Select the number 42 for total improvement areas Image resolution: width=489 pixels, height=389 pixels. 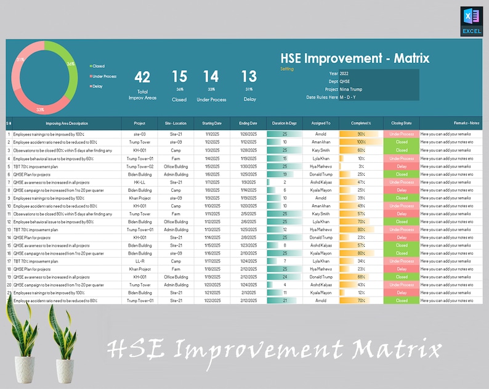click(142, 77)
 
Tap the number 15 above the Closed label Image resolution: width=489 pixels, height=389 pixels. click(179, 77)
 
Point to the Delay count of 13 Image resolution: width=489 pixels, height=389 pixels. click(249, 77)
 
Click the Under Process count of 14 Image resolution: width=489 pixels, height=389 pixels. click(211, 77)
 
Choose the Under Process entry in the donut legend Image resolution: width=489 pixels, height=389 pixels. click(105, 76)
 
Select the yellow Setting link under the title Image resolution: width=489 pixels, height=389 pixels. click(287, 69)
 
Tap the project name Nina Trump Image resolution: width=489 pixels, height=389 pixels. click(352, 89)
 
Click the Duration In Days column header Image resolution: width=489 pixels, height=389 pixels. click(285, 123)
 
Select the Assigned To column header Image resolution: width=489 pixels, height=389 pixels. click(320, 123)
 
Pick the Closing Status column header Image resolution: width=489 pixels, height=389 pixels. click(402, 123)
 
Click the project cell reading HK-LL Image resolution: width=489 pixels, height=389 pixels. click(140, 182)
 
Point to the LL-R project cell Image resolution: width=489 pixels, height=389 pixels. click(140, 261)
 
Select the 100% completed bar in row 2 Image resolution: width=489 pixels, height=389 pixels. click(361, 142)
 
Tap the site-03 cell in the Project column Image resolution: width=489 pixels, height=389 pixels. click(140, 134)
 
